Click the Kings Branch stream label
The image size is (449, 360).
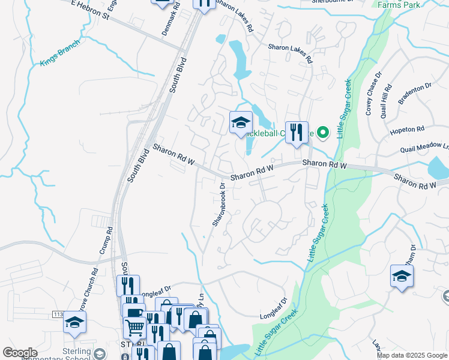pos(59,56)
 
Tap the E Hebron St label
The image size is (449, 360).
pos(90,10)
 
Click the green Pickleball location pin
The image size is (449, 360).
pos(322,132)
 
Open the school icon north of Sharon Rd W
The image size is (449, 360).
pos(241,123)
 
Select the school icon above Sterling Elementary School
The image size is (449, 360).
pos(74,323)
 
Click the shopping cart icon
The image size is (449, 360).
pos(134,327)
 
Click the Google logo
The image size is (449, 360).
pos(20,353)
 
